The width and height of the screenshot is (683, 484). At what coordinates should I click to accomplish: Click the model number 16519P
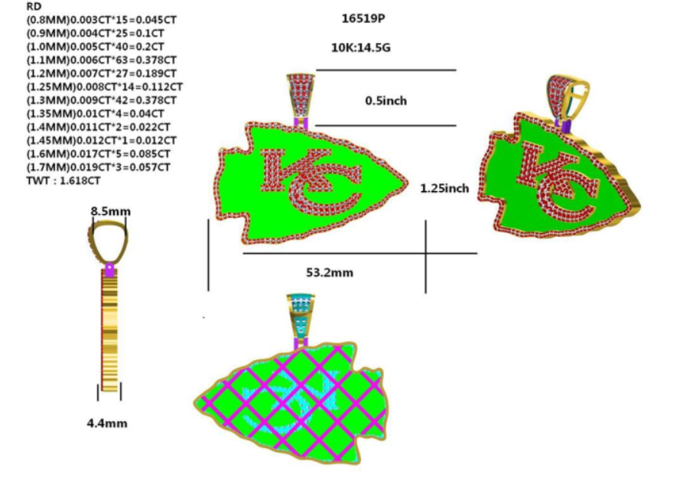coord(363,17)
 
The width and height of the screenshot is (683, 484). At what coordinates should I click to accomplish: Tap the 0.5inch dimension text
coord(385,100)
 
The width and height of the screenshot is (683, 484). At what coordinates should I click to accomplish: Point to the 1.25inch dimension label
coord(444,187)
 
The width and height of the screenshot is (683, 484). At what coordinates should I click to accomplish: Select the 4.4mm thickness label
coord(107,423)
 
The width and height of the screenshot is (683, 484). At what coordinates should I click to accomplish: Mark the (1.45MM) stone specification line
coord(102,140)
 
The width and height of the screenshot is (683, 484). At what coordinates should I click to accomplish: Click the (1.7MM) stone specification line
coord(99,167)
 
